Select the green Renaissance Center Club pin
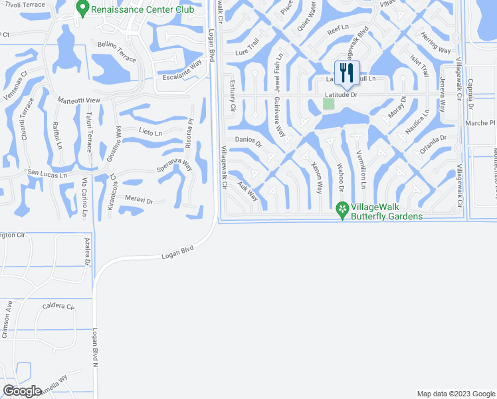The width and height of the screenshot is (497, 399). pyautogui.click(x=82, y=9)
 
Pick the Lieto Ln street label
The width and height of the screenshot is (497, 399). pyautogui.click(x=150, y=132)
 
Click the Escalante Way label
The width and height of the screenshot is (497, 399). pyautogui.click(x=182, y=71)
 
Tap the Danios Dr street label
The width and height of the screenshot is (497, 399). pyautogui.click(x=248, y=142)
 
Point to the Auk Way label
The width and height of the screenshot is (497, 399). pyautogui.click(x=248, y=193)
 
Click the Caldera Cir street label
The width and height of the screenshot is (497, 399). pyautogui.click(x=58, y=306)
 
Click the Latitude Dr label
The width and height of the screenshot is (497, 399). pyautogui.click(x=341, y=95)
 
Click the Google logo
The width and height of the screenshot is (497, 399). pyautogui.click(x=23, y=391)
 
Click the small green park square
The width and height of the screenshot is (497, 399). pyautogui.click(x=328, y=103)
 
